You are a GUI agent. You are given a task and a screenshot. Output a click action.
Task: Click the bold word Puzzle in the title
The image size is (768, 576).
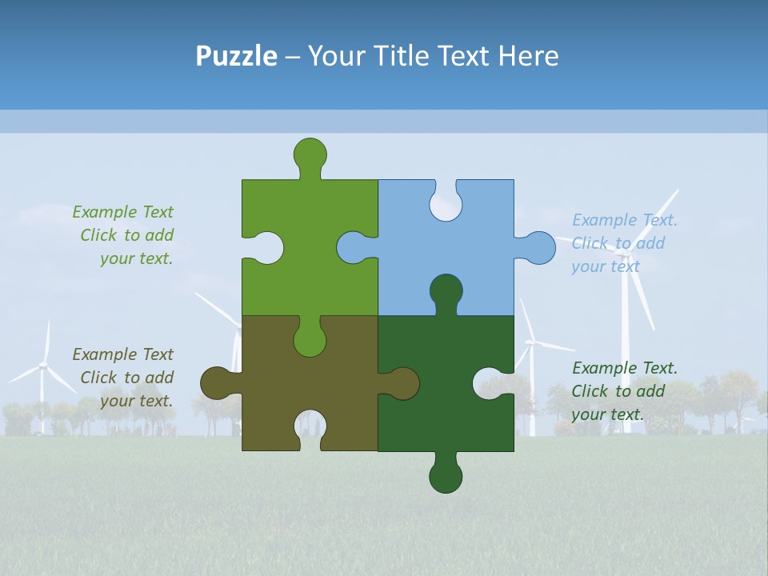237,56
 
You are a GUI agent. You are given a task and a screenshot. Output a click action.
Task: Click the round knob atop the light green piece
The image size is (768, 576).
310,153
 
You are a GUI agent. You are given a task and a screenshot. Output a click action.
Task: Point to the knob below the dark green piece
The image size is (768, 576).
446,477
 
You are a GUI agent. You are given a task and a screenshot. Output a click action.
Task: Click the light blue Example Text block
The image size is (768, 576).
624,243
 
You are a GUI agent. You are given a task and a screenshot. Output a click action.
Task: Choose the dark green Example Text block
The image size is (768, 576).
624,391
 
